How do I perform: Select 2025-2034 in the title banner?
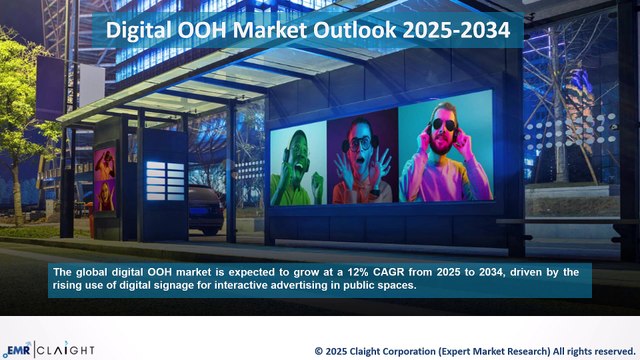[x=456, y=31]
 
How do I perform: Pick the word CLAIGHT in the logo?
[x=67, y=349]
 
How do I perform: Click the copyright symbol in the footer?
[x=319, y=351]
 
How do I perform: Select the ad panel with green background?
[x=297, y=164]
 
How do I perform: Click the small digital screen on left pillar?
[x=104, y=178]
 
